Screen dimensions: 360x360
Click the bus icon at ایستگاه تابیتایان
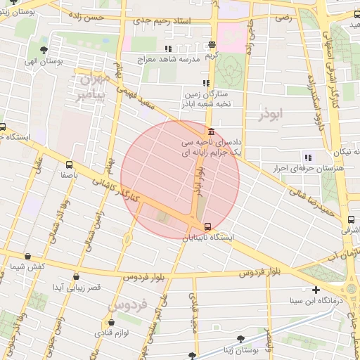pos(207,226)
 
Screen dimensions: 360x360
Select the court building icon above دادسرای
pos(211,131)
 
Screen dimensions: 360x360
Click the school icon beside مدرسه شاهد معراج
pos(167,49)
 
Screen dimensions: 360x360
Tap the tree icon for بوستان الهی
pos(44,50)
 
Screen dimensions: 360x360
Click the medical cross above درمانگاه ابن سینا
pos(316,290)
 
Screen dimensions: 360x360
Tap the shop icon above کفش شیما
pos(27,257)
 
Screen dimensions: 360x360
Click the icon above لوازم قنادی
pos(111,322)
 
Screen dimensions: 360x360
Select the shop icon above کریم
pos(212,44)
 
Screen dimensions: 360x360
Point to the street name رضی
pos(283,16)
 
